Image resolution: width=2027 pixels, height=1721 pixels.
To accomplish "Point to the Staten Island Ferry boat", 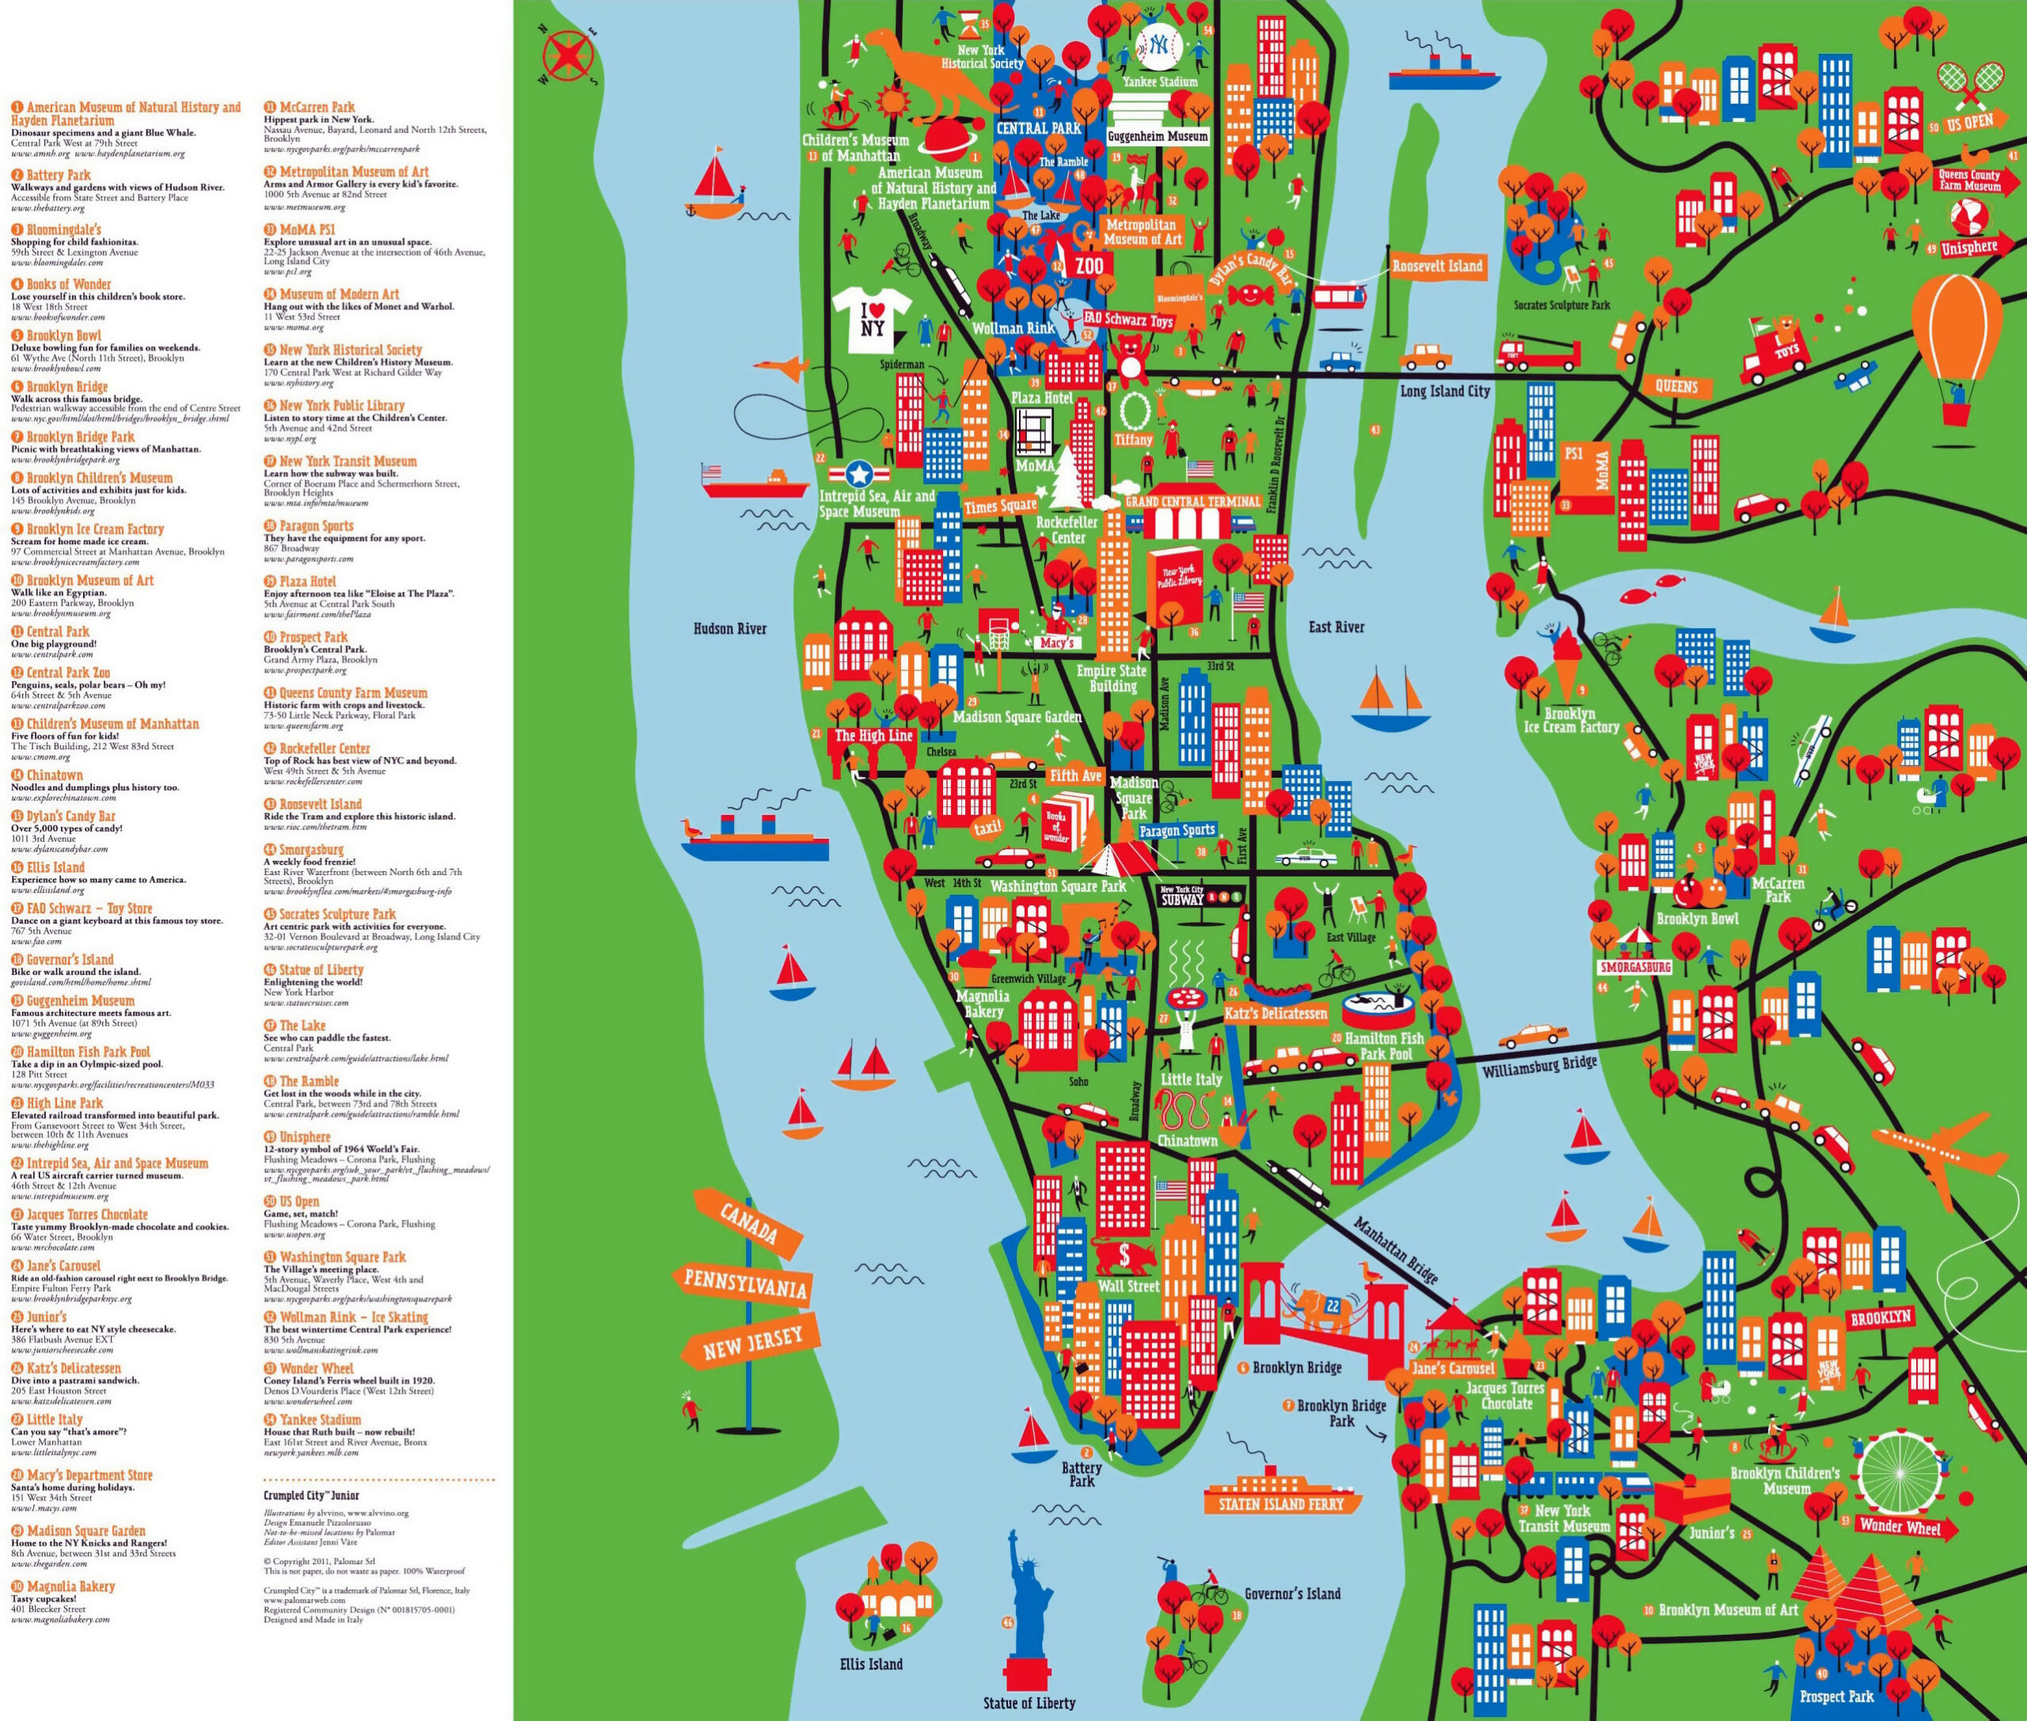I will point(1281,1494).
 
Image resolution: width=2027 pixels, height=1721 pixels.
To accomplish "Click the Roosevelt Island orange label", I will point(1437,266).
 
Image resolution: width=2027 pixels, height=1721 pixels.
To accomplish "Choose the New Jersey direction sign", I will point(753,1343).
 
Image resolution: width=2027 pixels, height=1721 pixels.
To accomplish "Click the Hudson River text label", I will point(730,628).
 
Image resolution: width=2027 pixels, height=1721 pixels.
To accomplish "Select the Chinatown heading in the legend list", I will point(55,775).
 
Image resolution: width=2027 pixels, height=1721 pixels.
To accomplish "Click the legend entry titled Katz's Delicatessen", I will point(74,1368).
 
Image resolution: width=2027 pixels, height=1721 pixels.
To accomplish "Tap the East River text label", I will point(1336,627).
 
